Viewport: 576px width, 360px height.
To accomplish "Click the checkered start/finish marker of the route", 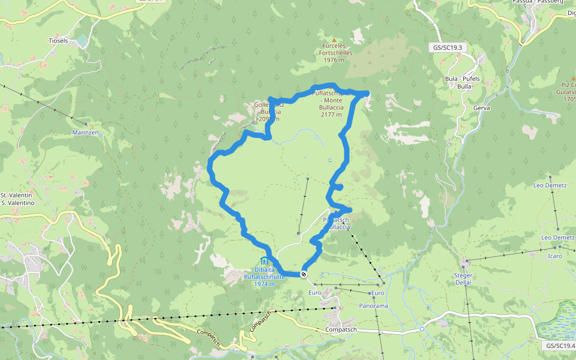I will [x=304, y=274].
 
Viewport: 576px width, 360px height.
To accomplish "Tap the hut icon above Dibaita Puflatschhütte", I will [x=264, y=260].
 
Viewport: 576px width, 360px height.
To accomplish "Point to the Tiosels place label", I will [x=58, y=41].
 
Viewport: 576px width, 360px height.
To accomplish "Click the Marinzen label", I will [x=85, y=132].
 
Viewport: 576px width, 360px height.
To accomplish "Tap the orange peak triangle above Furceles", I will [x=334, y=40].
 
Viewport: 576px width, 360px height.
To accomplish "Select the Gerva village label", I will [x=482, y=108].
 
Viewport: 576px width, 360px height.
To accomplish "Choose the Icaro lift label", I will [x=554, y=256].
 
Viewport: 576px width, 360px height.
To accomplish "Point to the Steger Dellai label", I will [x=464, y=278].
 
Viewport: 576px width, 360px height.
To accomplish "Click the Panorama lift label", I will [x=374, y=306].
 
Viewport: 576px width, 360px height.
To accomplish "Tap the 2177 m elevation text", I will [x=332, y=114].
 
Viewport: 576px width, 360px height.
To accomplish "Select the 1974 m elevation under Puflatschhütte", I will [x=264, y=284].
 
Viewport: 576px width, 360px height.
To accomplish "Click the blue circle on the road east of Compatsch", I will [x=422, y=329].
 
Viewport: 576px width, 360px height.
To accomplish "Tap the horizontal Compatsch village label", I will [x=341, y=330].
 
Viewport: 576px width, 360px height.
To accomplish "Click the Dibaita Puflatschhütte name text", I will [x=264, y=273].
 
